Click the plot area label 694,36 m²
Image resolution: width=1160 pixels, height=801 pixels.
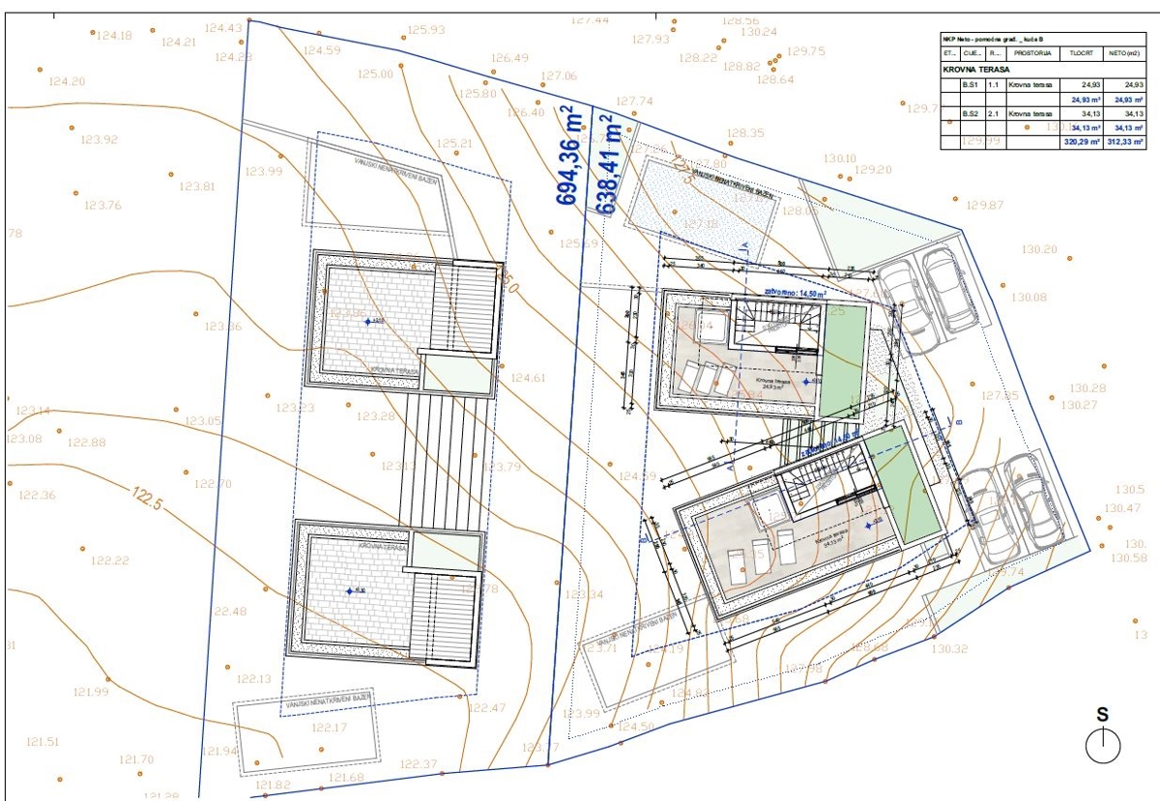(x=566, y=155)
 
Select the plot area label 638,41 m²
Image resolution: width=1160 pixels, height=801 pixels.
(x=608, y=164)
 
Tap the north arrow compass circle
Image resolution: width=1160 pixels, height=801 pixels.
(x=1102, y=745)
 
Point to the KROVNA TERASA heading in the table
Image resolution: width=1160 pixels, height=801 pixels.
(x=975, y=70)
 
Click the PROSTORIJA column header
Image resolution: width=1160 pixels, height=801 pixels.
(x=1032, y=53)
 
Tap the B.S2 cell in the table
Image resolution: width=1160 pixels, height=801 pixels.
(x=972, y=114)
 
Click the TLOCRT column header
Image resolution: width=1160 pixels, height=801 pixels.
(x=1082, y=53)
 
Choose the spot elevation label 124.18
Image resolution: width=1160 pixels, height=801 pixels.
(x=114, y=36)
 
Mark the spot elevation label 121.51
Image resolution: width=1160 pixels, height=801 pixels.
(x=43, y=742)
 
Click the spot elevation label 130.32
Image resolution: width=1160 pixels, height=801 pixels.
(x=948, y=649)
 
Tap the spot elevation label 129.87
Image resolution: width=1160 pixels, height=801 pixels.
(x=985, y=205)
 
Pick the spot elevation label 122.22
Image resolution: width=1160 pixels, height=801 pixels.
(x=109, y=561)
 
